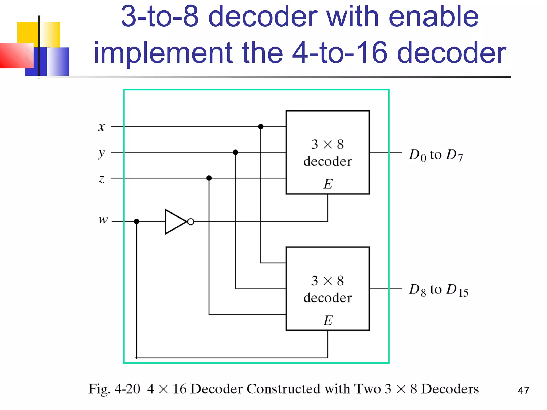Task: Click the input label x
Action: point(101,127)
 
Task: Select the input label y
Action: point(101,153)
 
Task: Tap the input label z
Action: point(101,179)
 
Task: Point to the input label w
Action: point(103,220)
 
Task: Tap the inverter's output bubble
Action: point(191,222)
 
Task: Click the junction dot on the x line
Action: point(261,127)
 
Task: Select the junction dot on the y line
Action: point(235,152)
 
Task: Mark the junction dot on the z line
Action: point(209,178)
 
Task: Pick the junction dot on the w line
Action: point(136,222)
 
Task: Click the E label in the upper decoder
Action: point(328,184)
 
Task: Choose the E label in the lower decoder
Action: point(328,320)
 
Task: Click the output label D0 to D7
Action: point(436,155)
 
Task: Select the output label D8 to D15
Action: point(439,290)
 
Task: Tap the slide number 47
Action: point(523,391)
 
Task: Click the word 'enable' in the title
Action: point(433,17)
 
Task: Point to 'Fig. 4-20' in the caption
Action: point(114,389)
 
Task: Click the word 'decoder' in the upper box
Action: point(327,161)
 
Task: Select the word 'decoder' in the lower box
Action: point(327,298)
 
